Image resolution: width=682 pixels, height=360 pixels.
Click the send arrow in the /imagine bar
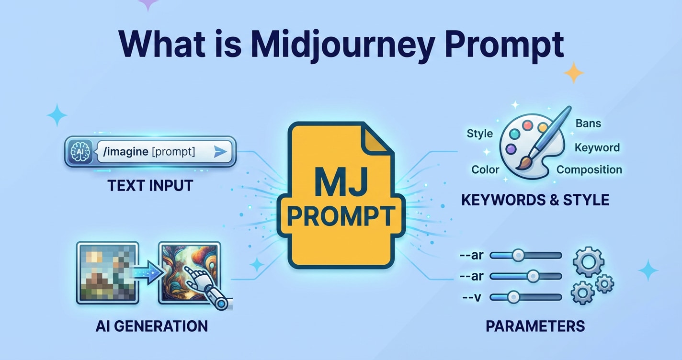click(220, 152)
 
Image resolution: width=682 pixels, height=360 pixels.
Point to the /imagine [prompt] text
click(148, 152)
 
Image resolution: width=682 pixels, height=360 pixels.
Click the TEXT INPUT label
click(150, 186)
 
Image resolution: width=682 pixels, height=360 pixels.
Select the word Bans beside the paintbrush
click(588, 124)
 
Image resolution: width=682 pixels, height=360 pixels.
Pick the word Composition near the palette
click(589, 170)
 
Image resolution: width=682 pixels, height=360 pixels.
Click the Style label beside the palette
click(480, 134)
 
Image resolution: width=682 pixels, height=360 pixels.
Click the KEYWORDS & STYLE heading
click(535, 200)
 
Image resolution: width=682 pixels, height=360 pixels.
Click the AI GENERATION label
click(151, 326)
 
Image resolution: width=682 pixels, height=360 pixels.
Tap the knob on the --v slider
click(514, 297)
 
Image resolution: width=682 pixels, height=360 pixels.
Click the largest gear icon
click(588, 261)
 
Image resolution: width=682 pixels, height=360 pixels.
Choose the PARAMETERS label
click(535, 326)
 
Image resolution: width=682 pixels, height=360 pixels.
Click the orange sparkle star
click(573, 73)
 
